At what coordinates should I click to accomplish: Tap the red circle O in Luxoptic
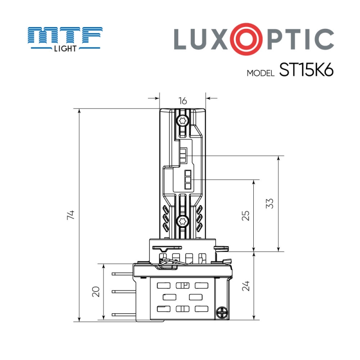(x=243, y=39)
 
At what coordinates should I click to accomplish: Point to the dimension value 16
(x=183, y=101)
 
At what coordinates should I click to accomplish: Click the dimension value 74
(x=71, y=215)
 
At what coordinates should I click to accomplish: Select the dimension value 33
(x=270, y=204)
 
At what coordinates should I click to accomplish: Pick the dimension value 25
(x=246, y=216)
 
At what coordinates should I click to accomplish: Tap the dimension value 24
(x=246, y=286)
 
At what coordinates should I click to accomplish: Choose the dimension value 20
(x=95, y=292)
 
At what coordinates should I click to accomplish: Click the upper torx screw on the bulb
(x=183, y=120)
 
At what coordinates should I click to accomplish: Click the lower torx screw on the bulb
(x=183, y=220)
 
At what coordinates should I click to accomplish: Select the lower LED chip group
(x=188, y=180)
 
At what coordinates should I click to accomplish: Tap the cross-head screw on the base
(x=221, y=312)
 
